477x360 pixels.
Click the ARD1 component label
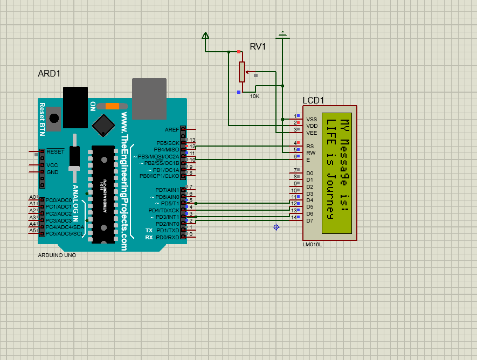[49, 73]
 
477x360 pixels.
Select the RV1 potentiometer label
[258, 47]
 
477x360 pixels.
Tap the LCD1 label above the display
[313, 100]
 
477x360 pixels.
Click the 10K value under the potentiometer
[254, 96]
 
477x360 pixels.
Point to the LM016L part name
[312, 244]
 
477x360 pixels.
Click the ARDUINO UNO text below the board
[57, 255]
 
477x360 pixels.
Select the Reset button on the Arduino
[53, 118]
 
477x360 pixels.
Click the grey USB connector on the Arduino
[149, 98]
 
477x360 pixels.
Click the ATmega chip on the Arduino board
[103, 194]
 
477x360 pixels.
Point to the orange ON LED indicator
[112, 106]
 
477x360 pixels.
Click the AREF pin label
[172, 129]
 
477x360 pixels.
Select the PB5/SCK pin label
[168, 143]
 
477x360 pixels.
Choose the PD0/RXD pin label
[167, 237]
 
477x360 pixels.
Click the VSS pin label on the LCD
[312, 119]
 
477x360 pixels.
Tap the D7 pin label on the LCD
[309, 220]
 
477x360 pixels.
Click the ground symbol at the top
[282, 36]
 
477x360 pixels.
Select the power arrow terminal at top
[205, 36]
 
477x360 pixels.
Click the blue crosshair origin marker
[276, 227]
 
